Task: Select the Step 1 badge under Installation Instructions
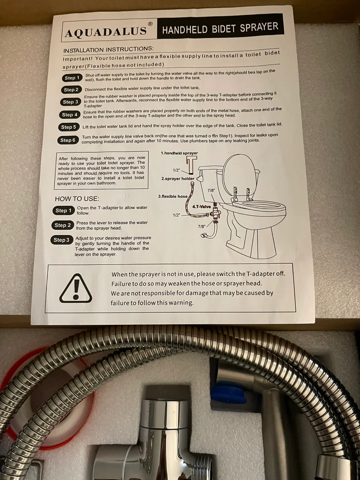click(72, 78)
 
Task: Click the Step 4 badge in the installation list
click(70, 115)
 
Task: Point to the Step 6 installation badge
click(68, 140)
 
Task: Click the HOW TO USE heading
click(77, 199)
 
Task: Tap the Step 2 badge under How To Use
click(63, 225)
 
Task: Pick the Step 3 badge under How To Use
click(62, 240)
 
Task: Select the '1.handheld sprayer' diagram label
click(179, 153)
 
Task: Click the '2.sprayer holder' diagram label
click(178, 179)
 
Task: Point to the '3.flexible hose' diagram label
click(173, 196)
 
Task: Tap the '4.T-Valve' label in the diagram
click(202, 207)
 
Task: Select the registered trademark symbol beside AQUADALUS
click(150, 24)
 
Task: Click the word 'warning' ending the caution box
click(180, 303)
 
